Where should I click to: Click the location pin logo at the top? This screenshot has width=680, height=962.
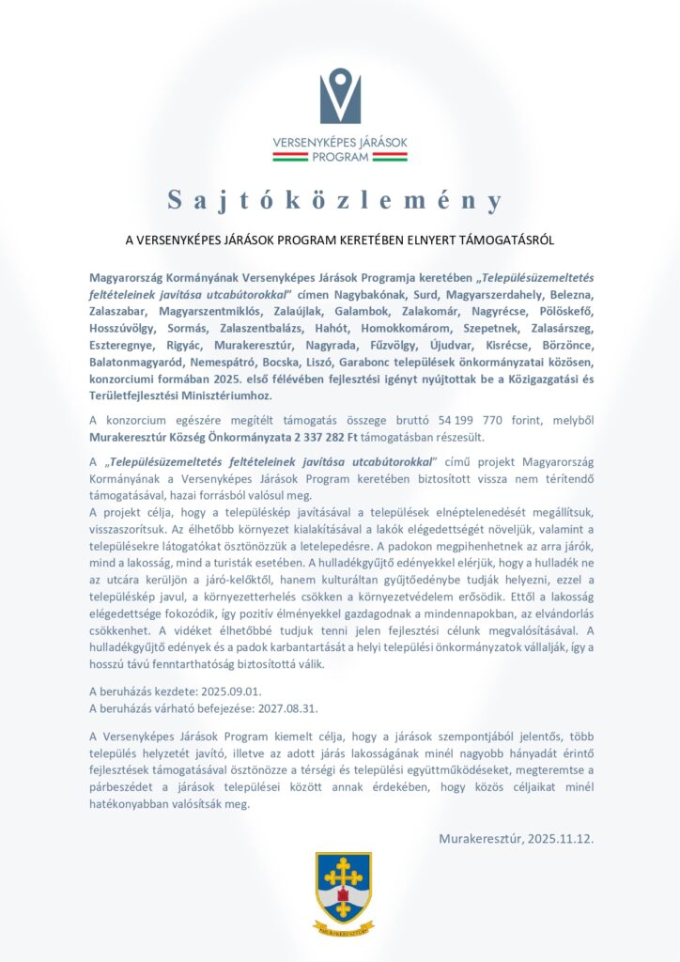click(x=340, y=96)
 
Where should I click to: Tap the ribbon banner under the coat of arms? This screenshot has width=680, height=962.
click(x=342, y=929)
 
